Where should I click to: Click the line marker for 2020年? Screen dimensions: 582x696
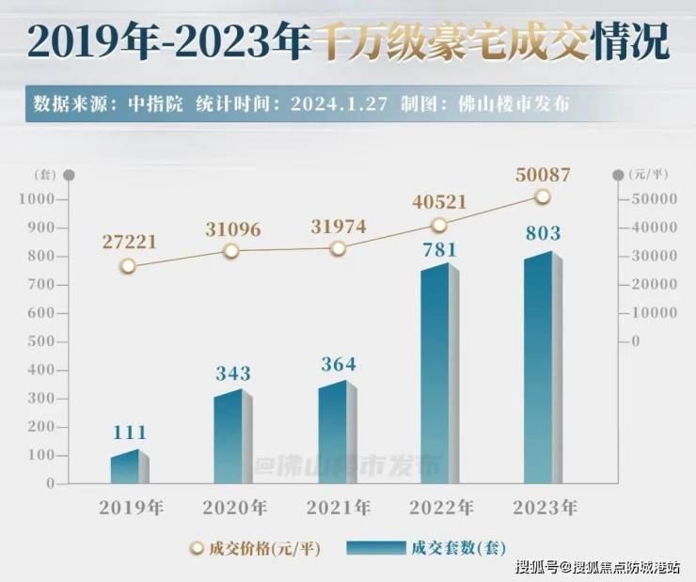tap(231, 251)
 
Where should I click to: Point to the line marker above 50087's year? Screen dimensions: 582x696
tap(543, 197)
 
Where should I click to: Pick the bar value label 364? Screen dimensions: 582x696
tap(337, 364)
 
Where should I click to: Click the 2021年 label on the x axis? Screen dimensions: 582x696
tap(338, 508)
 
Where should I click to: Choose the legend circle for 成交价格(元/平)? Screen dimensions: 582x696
tap(197, 548)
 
